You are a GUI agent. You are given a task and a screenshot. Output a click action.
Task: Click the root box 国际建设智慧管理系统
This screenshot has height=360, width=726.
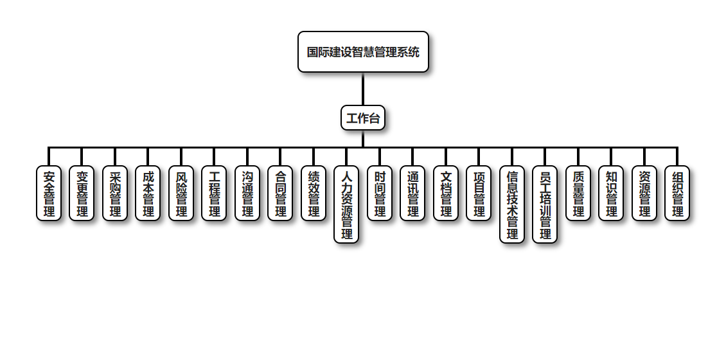(363, 51)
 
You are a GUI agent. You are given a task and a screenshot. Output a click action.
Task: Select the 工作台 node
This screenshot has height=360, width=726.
(363, 118)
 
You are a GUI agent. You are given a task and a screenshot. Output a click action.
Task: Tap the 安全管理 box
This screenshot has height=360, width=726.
(49, 194)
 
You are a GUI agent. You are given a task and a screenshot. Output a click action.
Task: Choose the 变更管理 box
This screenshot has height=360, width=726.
(82, 194)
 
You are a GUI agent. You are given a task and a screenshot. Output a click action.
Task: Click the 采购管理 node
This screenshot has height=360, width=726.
(115, 194)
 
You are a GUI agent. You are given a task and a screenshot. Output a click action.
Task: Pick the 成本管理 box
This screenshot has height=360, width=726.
(148, 194)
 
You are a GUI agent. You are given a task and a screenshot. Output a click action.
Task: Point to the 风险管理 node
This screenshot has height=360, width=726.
(181, 194)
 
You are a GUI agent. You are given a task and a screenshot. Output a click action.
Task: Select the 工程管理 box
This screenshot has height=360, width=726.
(214, 194)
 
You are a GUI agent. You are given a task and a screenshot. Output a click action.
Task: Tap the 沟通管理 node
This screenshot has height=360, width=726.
(247, 194)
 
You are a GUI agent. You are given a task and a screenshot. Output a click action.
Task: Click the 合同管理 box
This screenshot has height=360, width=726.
(280, 194)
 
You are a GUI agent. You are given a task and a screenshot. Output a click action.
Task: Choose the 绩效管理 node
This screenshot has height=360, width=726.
(314, 194)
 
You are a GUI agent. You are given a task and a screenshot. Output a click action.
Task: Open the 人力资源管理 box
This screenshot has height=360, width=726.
(346, 204)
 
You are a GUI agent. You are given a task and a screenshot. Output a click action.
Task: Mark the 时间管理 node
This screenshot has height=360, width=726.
(380, 194)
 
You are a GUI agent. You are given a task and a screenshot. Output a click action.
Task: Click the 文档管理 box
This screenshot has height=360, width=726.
(446, 194)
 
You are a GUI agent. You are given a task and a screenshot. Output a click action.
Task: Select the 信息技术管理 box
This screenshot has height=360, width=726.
(512, 204)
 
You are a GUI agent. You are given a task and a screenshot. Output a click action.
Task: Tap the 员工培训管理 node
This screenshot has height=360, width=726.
(545, 204)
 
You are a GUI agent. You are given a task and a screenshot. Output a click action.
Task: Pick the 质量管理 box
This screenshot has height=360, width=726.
(578, 194)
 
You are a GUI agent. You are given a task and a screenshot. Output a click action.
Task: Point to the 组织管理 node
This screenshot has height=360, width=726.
(677, 194)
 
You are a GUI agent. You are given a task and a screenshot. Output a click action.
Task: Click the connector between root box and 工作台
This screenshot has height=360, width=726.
(363, 89)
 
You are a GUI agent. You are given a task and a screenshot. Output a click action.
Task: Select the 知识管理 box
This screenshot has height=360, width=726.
(611, 194)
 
